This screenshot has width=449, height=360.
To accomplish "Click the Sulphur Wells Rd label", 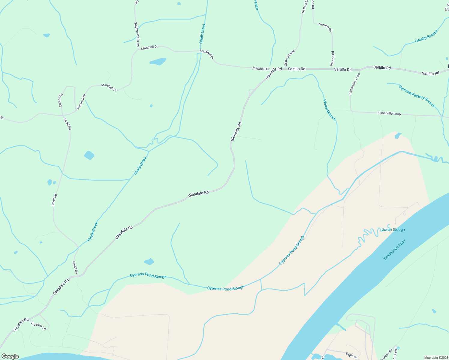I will click(137, 34).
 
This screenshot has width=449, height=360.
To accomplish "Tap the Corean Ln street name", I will click(61, 100).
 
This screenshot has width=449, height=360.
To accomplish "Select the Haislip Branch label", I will click(426, 36).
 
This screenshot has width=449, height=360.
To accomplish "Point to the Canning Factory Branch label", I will click(417, 96).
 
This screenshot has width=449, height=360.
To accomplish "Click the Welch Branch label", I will click(329, 110).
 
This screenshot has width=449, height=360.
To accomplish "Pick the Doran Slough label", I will click(393, 230).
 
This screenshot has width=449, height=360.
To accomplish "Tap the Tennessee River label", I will click(394, 250).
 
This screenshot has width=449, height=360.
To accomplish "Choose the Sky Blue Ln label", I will click(38, 326).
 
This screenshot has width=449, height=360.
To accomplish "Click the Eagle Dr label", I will click(351, 355).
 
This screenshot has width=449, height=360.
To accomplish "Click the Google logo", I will click(10, 356).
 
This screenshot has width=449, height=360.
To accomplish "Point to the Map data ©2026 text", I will click(436, 358).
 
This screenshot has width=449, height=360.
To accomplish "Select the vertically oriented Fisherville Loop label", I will click(354, 84).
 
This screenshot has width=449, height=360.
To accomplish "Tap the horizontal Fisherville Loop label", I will click(389, 114).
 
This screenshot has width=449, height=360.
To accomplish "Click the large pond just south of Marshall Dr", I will click(158, 61).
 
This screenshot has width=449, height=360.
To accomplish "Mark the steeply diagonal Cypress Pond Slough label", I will click(291, 250).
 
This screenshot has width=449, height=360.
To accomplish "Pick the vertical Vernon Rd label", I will click(332, 58).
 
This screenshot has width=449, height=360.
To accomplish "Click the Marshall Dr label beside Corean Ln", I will click(81, 102).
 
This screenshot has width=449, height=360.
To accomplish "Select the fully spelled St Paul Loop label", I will click(290, 58).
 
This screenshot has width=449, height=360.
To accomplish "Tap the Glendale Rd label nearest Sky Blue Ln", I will click(21, 325).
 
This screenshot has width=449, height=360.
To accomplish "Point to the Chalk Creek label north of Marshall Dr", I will click(203, 33).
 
